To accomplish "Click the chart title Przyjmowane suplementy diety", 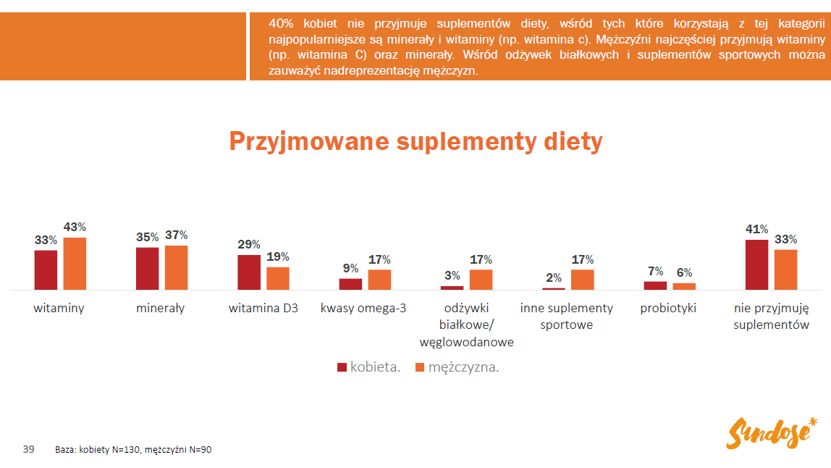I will (415, 141).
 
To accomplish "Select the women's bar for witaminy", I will (46, 270).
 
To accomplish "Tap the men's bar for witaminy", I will (75, 264).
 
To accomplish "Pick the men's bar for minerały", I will (176, 268).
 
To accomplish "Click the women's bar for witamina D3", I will (249, 272).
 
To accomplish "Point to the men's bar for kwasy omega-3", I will (379, 280).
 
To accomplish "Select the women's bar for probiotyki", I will (655, 285).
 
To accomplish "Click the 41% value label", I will (756, 230).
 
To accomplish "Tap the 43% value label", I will (75, 227).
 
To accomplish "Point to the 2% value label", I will (554, 277).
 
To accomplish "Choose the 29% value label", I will (249, 245).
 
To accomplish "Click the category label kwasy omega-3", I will (363, 308).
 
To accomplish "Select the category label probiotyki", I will (668, 308).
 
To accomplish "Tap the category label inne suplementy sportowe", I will (566, 316).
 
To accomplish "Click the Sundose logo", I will (772, 433).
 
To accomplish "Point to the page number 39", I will (29, 449).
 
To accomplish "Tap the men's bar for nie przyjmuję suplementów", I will (785, 269).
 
